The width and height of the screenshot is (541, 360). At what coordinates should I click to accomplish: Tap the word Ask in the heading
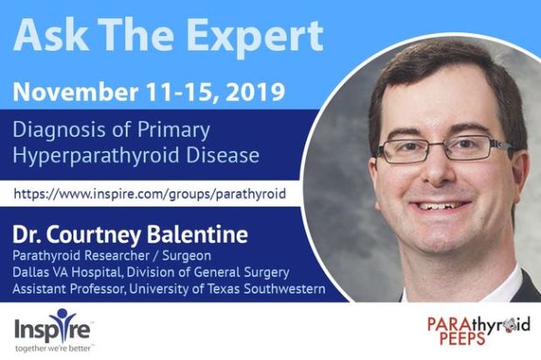tap(45, 35)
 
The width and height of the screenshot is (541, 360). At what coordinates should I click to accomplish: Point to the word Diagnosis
tap(62, 131)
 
